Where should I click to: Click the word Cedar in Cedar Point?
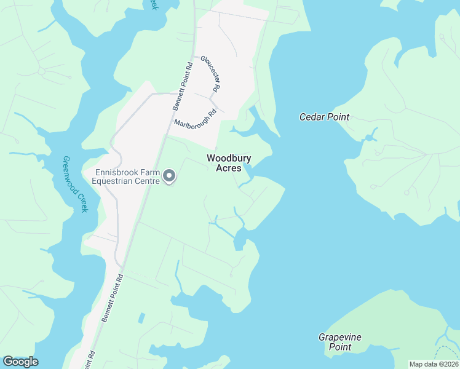[x=312, y=117]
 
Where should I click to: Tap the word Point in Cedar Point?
[x=338, y=117]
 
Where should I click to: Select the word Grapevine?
[x=340, y=337]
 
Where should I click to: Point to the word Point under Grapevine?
[x=339, y=347]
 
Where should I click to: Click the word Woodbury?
[x=229, y=158]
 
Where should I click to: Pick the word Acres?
[x=229, y=169]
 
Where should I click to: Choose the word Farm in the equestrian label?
[x=151, y=173]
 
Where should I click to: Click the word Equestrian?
[x=113, y=181]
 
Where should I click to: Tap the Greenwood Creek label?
[x=76, y=184]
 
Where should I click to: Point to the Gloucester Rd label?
[x=210, y=74]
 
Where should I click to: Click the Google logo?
[x=20, y=362]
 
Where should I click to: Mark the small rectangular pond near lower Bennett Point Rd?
[x=142, y=319]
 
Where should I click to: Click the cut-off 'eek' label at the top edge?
[x=153, y=4]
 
